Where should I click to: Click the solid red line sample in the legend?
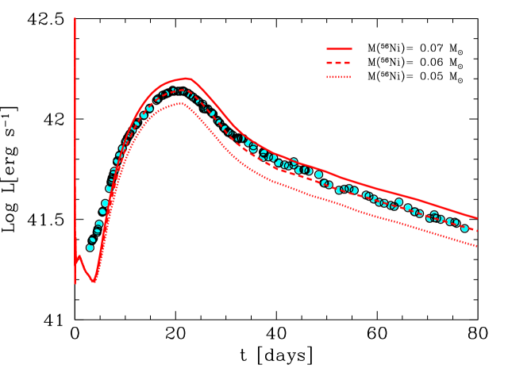pos(339,49)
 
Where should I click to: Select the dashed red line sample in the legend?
pos(339,63)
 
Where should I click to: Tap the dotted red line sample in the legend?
pos(339,77)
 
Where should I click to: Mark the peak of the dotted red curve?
pos(179,104)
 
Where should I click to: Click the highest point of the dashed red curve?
pos(181,91)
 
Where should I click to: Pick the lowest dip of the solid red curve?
pos(94,281)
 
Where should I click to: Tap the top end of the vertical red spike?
pos(75,18)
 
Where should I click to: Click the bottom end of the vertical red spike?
pos(75,283)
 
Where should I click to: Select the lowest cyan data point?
pos(90,248)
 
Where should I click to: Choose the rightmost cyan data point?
pos(464,228)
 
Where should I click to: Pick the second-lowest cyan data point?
pos(93,239)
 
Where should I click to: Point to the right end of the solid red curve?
pos(477,217)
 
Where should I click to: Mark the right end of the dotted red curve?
pos(477,246)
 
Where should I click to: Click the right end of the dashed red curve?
pos(477,231)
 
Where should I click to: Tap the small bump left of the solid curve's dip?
pos(79,257)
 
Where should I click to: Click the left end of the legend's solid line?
pos(327,49)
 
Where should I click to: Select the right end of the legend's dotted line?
pos(350,77)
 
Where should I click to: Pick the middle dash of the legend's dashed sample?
pos(339,63)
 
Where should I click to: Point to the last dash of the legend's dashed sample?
pos(348,63)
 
